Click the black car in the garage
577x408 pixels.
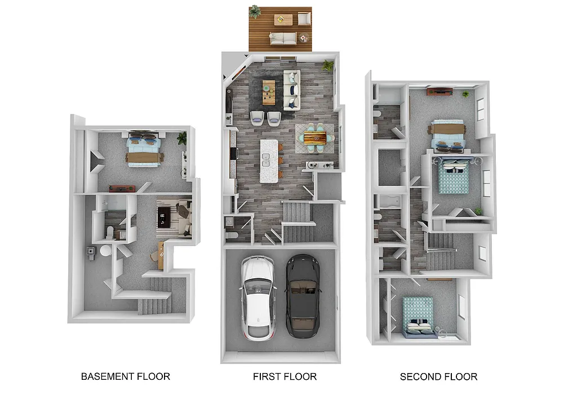pyautogui.click(x=303, y=296)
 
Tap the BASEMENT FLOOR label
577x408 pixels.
pyautogui.click(x=125, y=376)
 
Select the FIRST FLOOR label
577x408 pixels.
pyautogui.click(x=285, y=376)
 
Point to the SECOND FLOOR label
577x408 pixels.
pyautogui.click(x=438, y=376)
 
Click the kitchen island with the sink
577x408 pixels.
pyautogui.click(x=269, y=161)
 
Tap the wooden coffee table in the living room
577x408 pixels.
pyautogui.click(x=269, y=92)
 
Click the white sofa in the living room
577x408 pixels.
pyautogui.click(x=292, y=90)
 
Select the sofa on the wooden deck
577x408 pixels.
pyautogui.click(x=283, y=38)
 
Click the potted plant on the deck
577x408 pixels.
pyautogui.click(x=255, y=11)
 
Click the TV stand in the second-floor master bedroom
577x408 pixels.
pyautogui.click(x=440, y=91)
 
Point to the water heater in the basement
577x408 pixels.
pyautogui.click(x=105, y=251)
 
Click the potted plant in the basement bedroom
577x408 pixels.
pyautogui.click(x=181, y=138)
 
